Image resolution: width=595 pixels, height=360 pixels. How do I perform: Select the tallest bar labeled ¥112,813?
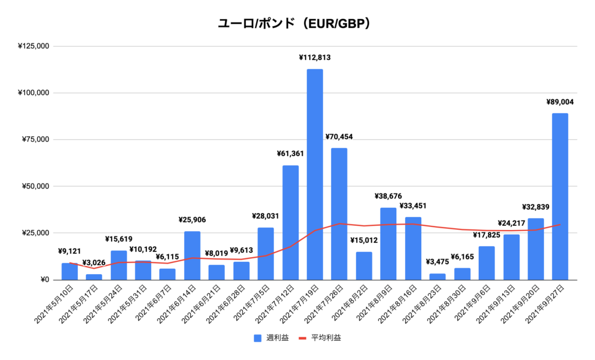(315, 174)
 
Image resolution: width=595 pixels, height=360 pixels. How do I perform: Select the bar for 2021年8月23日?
(438, 276)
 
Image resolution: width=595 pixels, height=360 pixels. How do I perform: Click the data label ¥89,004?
(560, 102)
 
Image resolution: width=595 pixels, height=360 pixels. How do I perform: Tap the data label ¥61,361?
(290, 154)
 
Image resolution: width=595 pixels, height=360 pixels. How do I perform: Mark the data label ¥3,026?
(94, 262)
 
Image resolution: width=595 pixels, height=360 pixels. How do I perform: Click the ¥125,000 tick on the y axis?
(34, 46)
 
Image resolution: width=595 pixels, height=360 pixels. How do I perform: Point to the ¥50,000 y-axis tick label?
(35, 186)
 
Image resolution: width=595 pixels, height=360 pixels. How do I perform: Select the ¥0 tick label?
(44, 280)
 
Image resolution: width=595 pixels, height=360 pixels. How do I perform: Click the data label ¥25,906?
(192, 220)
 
